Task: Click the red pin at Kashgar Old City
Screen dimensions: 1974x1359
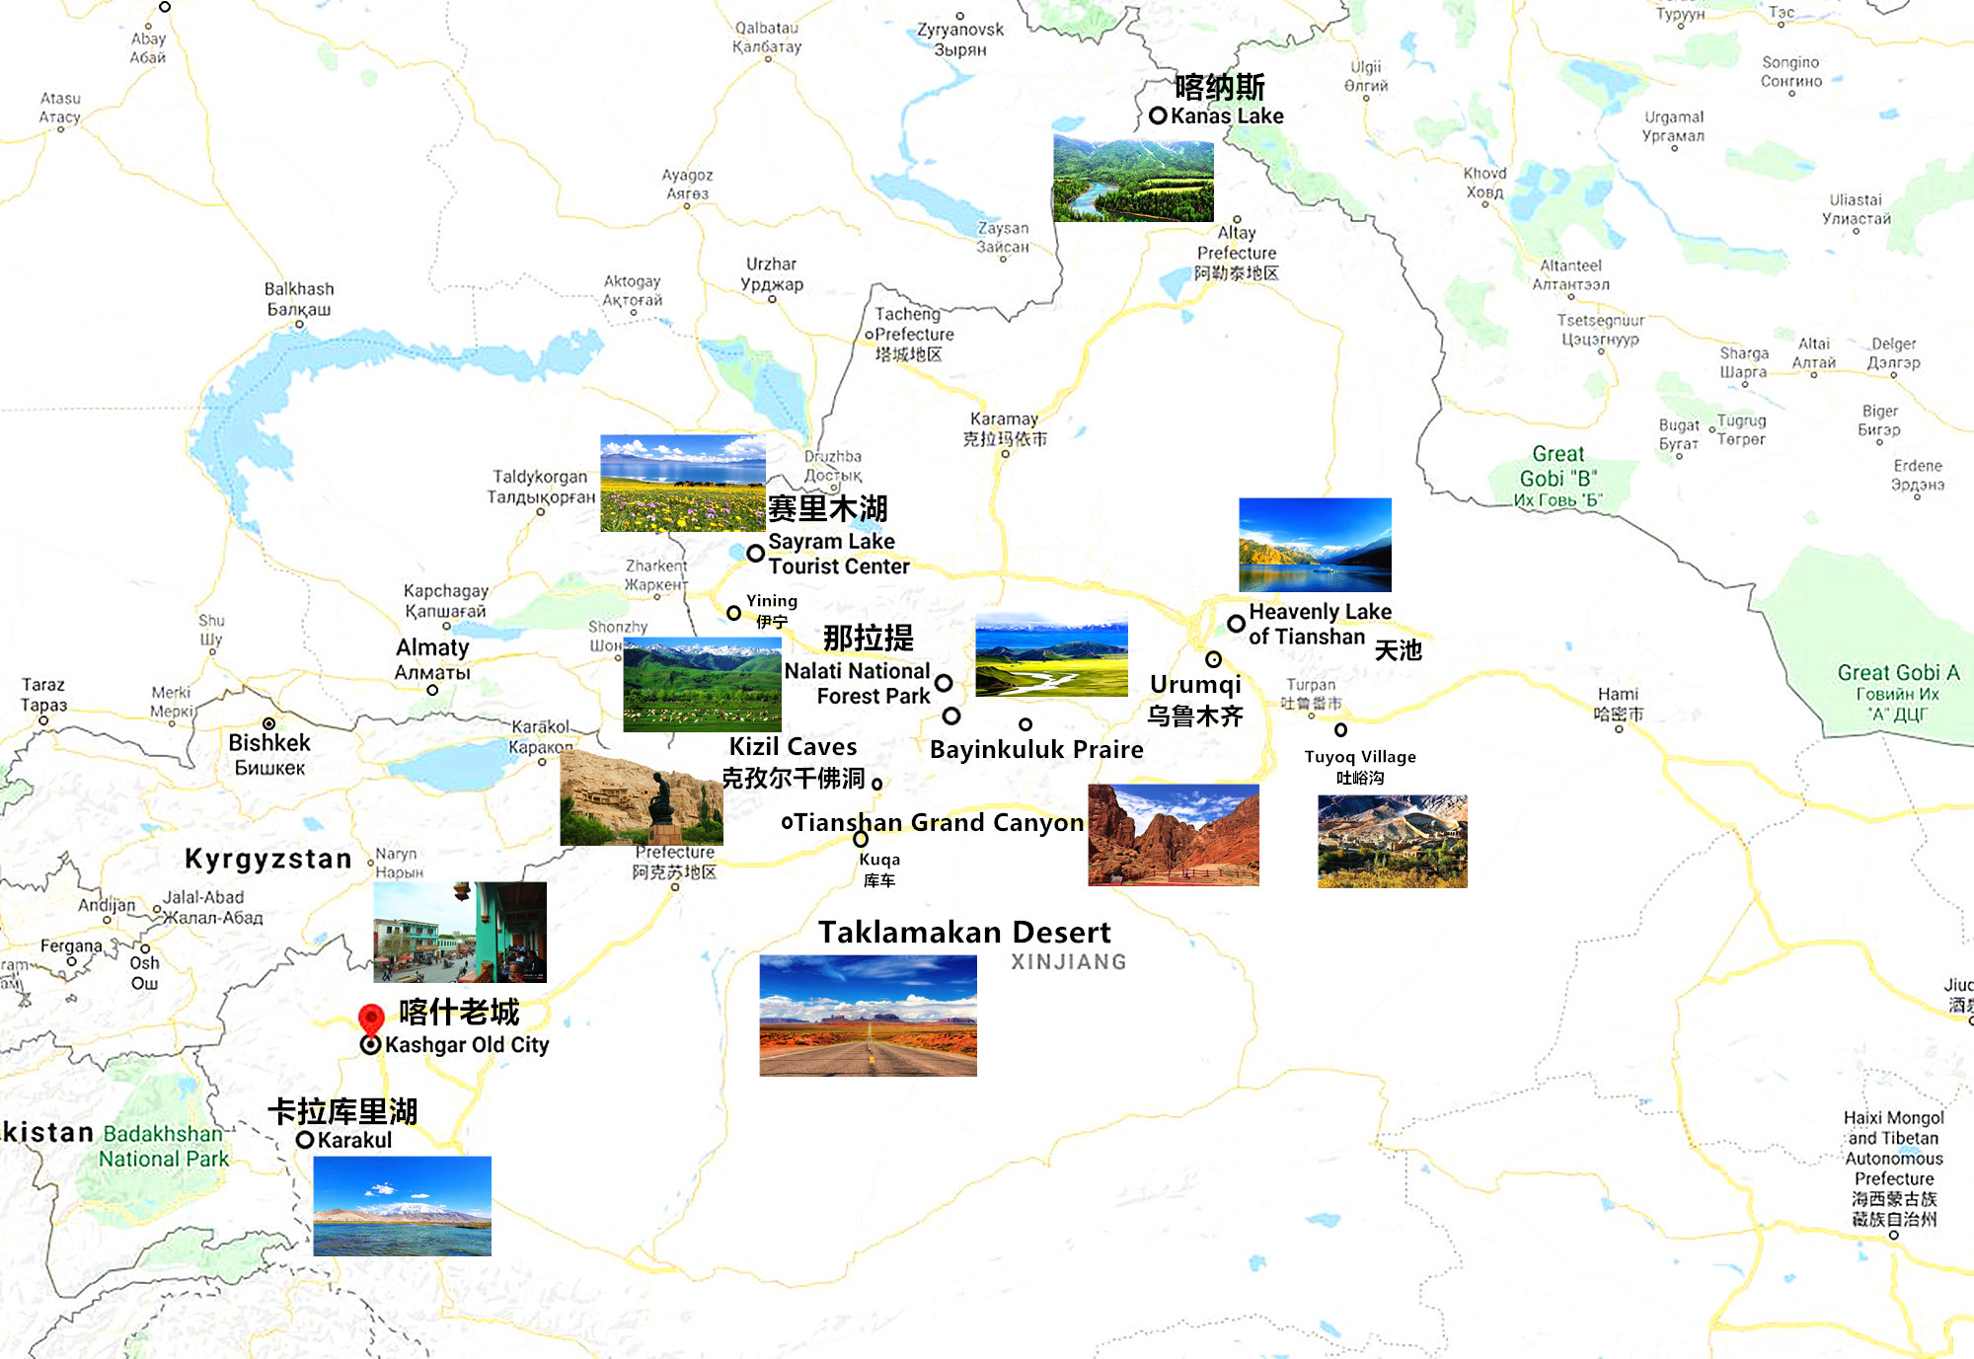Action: coord(371,1019)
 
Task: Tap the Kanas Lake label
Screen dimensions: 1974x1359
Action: coord(1227,115)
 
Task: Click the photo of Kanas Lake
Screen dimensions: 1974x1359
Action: coord(1133,179)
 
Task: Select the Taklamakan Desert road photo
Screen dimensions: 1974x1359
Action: coord(868,1015)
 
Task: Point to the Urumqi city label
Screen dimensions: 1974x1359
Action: coord(1195,685)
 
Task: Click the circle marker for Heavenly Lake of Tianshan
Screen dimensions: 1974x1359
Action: coord(1236,624)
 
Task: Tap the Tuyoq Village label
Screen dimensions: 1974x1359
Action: coord(1360,757)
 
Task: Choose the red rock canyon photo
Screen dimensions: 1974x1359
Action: coord(1174,835)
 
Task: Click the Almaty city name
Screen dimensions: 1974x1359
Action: coord(432,648)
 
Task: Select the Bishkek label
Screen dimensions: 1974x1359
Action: coord(269,743)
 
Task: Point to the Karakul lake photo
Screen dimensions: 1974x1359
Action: coord(402,1206)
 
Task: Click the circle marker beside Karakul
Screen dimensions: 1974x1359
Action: coord(305,1140)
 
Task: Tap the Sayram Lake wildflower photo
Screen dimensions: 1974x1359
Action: coord(683,483)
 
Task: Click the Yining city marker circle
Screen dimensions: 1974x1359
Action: coord(733,613)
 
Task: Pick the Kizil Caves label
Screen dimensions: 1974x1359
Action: coord(793,747)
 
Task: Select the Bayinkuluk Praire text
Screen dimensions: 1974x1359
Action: coord(1036,750)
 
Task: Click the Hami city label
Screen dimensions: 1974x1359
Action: coord(1618,694)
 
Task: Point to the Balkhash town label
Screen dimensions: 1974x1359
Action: coord(299,289)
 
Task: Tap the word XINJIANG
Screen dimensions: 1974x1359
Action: coord(1068,962)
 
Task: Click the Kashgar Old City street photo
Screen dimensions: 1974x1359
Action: coord(460,932)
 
